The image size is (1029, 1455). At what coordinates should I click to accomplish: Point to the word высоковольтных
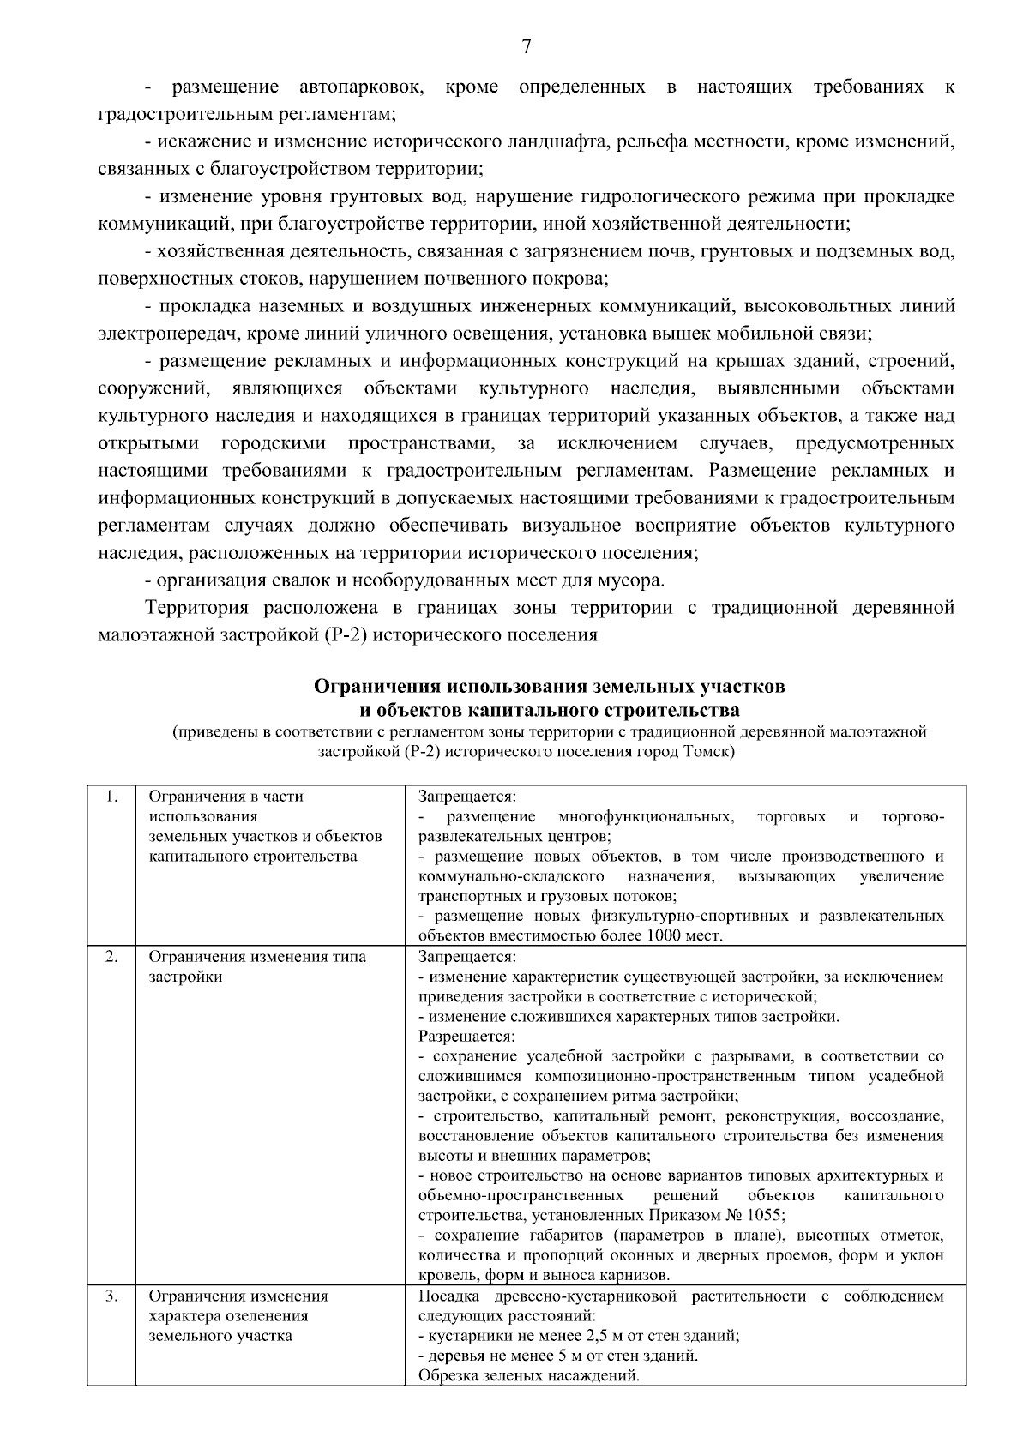[x=801, y=307]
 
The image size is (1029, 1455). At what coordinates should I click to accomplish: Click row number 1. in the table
[x=111, y=796]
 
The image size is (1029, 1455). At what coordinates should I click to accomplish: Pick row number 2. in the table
[x=111, y=957]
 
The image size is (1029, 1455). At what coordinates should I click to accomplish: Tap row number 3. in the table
[x=111, y=1296]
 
